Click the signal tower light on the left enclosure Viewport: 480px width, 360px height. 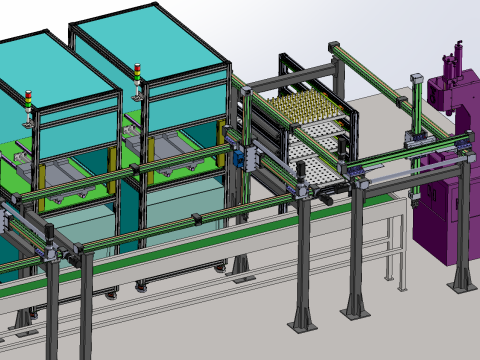[x=29, y=101]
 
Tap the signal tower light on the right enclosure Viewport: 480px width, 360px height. [x=138, y=76]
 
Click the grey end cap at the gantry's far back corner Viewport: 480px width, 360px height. [x=333, y=45]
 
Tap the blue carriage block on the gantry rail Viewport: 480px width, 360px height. [x=240, y=155]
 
